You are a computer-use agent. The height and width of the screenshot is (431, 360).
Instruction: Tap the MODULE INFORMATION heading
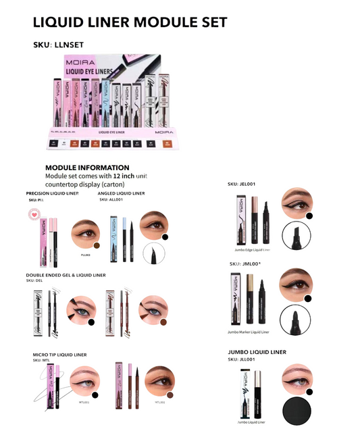(87, 168)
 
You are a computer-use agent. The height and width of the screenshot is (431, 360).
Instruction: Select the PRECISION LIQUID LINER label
(52, 193)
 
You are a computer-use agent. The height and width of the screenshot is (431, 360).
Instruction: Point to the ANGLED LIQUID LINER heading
(122, 193)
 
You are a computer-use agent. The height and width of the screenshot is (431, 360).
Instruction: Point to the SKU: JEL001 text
(242, 184)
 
